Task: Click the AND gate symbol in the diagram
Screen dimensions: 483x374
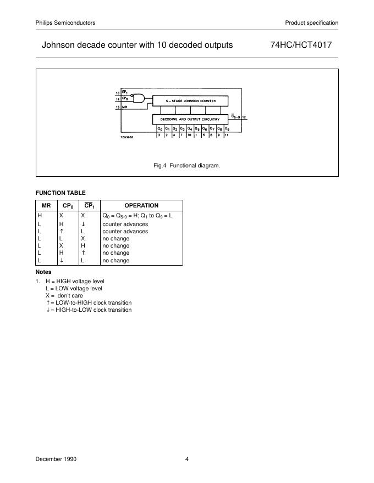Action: coord(140,99)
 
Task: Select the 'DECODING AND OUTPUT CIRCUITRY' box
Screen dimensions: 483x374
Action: coord(190,119)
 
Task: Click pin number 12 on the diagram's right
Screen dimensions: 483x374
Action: coord(244,117)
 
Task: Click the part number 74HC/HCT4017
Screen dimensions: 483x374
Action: coord(300,45)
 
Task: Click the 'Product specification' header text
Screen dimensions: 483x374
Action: coord(311,23)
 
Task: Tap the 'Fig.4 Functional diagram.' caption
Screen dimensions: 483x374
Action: coord(187,165)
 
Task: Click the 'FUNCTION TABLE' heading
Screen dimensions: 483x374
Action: coord(61,193)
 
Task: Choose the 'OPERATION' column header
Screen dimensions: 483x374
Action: coord(142,206)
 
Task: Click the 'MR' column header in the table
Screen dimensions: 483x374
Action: coord(46,206)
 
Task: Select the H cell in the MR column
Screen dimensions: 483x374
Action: coord(39,216)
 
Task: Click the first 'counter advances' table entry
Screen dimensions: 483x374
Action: coord(125,224)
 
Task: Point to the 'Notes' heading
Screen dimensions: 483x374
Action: coord(43,272)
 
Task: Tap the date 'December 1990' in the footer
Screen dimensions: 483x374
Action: coord(56,459)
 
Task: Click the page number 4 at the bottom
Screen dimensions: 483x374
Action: coord(187,459)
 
